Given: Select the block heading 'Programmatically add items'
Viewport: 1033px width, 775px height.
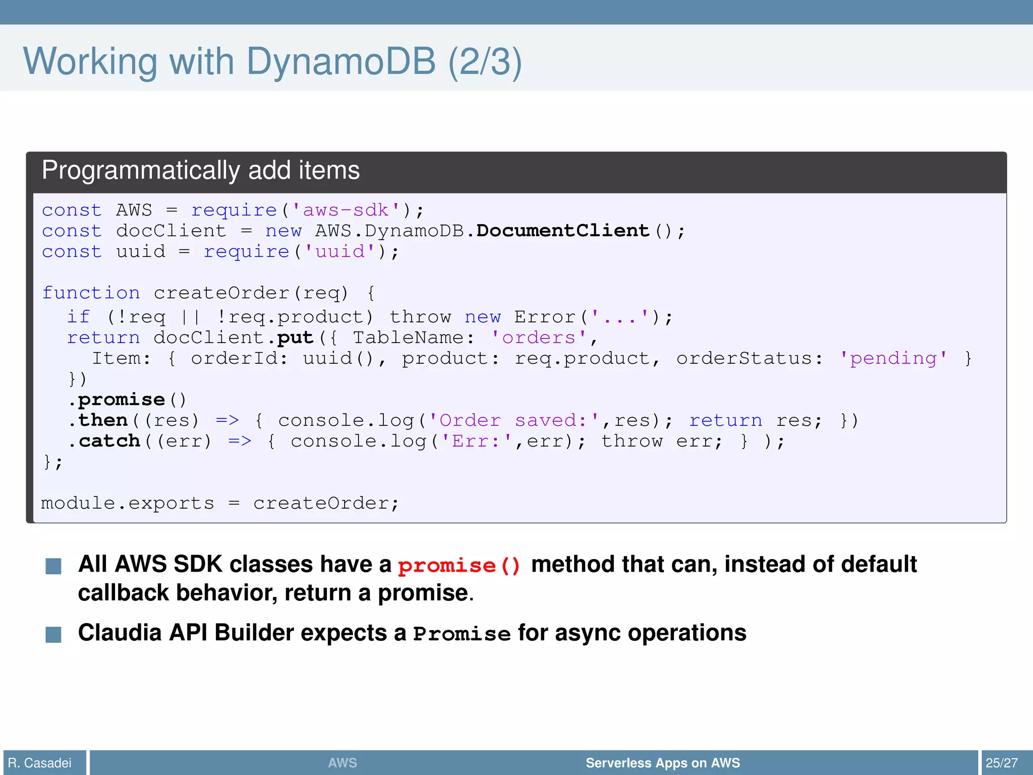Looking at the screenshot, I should [200, 171].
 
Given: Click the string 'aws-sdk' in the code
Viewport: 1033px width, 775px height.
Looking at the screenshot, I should [346, 210].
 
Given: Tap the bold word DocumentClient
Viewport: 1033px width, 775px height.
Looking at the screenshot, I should [562, 231].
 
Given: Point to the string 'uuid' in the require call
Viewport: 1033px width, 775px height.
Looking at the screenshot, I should [340, 251].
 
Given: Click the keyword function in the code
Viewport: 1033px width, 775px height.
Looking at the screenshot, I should [91, 293].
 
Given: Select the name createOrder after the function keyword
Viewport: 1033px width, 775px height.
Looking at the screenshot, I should [221, 293].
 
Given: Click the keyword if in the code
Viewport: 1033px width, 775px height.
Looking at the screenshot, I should [78, 317].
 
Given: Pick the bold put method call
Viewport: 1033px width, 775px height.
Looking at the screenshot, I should [295, 338].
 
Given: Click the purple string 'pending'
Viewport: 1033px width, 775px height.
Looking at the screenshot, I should [893, 358].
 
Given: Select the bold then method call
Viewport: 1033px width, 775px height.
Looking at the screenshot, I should [103, 420].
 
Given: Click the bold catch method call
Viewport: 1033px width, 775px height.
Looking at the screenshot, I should [109, 441].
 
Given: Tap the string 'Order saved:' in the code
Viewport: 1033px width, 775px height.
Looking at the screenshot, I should [513, 420].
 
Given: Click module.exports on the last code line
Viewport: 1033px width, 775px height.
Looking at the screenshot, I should [127, 503].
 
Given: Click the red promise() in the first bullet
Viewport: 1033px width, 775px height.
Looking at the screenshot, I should [458, 566].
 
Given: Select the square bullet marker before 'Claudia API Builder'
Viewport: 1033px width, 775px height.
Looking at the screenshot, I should [53, 634].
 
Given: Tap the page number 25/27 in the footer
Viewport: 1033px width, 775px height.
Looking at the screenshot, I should [1001, 763].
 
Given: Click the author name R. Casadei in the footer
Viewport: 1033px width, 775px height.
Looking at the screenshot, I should [40, 763].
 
